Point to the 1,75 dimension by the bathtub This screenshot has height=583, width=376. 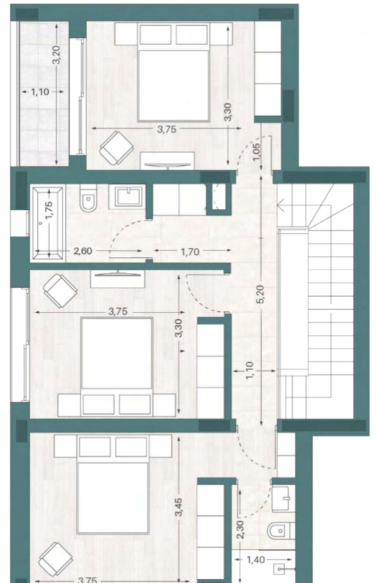[49, 211]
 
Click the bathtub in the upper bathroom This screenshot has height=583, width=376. [47, 223]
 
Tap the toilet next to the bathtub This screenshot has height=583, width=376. [87, 199]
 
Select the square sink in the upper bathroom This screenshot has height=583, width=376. [130, 196]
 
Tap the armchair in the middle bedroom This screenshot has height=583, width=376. [60, 291]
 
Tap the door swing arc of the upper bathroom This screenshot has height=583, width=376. [120, 233]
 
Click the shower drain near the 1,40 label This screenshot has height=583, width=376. [280, 569]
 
